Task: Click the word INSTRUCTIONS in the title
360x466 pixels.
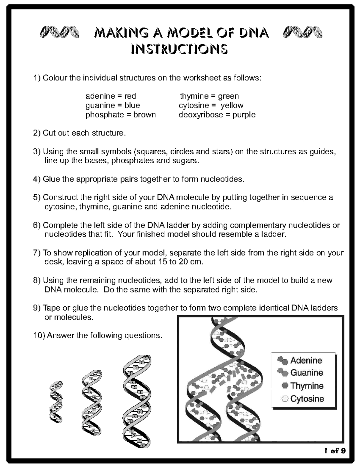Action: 179,49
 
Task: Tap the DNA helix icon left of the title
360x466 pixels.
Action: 59,32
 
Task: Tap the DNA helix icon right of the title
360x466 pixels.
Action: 303,32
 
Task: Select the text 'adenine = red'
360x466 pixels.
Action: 111,96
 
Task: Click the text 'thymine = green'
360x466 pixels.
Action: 209,96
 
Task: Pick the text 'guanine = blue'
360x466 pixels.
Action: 112,105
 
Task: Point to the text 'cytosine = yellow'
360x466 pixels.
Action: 211,105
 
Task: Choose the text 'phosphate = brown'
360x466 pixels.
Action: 121,115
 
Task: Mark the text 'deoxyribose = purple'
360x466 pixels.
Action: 217,115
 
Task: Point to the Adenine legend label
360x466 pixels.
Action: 306,360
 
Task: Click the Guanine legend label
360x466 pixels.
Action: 307,373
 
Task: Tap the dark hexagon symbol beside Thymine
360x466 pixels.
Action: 285,386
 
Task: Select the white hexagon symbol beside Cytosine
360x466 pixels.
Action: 285,399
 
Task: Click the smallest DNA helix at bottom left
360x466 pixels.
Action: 56,401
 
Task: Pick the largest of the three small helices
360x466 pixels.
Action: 137,401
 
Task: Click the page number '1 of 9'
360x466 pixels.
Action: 335,451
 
